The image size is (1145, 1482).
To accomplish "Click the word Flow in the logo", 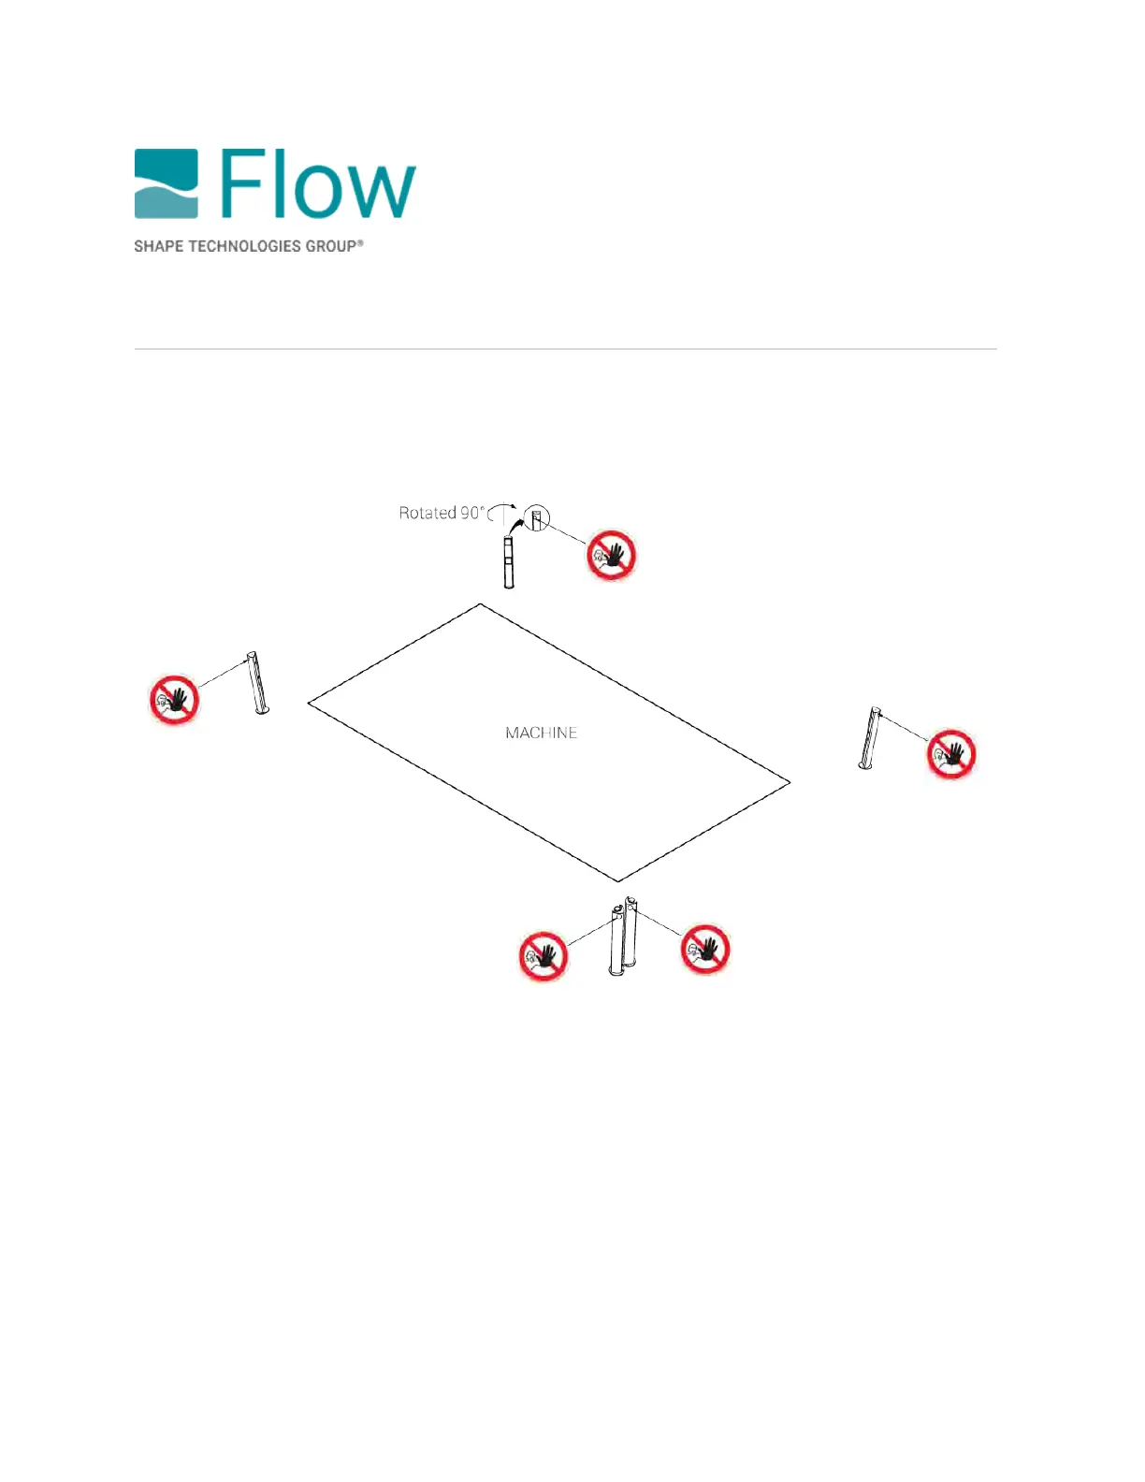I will pos(318,184).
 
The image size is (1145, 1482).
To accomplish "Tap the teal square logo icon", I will pos(167,183).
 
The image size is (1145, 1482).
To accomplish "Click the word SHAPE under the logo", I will pos(159,246).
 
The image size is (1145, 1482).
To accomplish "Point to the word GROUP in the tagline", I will pos(331,246).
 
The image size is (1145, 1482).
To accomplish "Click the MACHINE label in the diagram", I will pos(541,734).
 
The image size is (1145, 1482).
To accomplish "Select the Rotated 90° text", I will pos(442,513).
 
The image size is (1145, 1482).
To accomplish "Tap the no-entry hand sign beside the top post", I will pos(611,556).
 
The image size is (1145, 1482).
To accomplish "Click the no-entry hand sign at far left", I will pos(175,699).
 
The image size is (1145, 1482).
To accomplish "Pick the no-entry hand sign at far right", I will pos(951,754).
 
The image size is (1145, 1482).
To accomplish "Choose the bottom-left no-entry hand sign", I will pos(544,955).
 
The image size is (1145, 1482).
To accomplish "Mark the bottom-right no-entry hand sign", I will pos(704,949).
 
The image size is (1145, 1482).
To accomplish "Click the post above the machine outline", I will pos(509,562).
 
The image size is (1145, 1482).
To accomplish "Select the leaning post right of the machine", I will pos(870,739).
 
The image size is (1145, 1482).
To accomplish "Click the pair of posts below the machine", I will pos(623,936).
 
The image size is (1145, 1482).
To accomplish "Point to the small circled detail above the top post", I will pos(537,517).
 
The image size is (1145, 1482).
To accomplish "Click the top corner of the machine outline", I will pos(481,604).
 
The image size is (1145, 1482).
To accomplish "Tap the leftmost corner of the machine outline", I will pos(309,704).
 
